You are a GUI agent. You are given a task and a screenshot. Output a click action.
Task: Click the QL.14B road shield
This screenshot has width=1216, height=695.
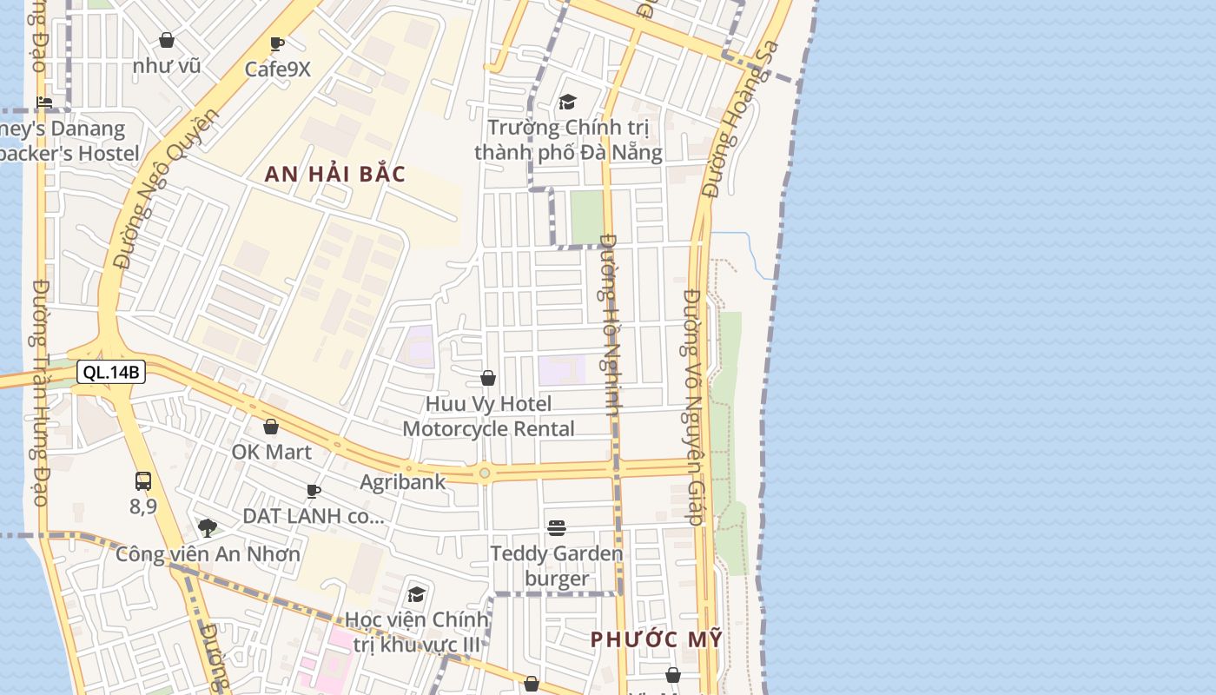pyautogui.click(x=111, y=373)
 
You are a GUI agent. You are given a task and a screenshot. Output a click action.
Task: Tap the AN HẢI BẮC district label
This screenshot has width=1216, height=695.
pyautogui.click(x=335, y=174)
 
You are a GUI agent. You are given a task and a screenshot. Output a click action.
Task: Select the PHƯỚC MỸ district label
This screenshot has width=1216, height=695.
pyautogui.click(x=657, y=639)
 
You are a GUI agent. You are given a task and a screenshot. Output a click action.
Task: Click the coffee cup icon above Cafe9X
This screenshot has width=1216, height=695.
pyautogui.click(x=277, y=44)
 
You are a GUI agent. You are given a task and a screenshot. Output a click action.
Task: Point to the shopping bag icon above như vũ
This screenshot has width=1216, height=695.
pyautogui.click(x=167, y=40)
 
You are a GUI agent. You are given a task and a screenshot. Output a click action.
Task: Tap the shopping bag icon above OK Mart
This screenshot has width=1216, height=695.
pyautogui.click(x=271, y=427)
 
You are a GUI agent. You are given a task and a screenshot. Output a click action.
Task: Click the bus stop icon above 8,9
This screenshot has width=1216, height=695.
pyautogui.click(x=143, y=480)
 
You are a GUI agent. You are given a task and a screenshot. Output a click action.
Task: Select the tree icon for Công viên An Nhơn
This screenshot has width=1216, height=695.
pyautogui.click(x=207, y=527)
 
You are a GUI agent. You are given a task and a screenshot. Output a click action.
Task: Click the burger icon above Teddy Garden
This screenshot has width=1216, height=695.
pyautogui.click(x=557, y=527)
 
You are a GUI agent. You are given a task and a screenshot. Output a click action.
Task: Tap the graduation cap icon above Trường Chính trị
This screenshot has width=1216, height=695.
pyautogui.click(x=568, y=103)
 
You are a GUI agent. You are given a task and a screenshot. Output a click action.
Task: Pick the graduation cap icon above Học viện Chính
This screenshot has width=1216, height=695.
pyautogui.click(x=417, y=594)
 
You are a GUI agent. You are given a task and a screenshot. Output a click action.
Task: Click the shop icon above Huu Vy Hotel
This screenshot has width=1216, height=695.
pyautogui.click(x=488, y=378)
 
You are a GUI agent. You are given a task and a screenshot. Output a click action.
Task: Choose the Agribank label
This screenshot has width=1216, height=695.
pyautogui.click(x=403, y=481)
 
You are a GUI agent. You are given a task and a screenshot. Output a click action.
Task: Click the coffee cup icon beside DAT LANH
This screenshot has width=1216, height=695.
pyautogui.click(x=314, y=491)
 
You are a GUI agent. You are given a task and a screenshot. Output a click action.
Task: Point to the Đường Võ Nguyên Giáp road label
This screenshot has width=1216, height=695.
pyautogui.click(x=692, y=407)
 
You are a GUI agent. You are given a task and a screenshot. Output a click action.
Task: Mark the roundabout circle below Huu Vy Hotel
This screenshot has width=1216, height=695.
pyautogui.click(x=485, y=473)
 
